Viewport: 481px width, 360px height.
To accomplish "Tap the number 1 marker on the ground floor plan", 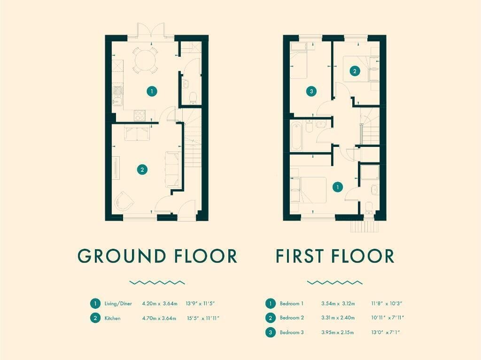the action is [152, 91].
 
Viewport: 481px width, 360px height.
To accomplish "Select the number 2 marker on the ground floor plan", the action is [142, 169].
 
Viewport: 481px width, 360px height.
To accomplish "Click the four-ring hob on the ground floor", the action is [140, 115].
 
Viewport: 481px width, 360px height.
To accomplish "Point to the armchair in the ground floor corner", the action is [124, 201].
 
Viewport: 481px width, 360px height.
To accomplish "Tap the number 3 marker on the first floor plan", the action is [312, 91].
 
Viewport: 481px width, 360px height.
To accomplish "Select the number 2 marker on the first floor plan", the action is [355, 71].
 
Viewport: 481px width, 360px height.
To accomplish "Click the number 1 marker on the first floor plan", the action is [338, 187].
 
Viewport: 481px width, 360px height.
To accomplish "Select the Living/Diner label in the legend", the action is [118, 304].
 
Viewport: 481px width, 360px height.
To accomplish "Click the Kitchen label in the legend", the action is [113, 318].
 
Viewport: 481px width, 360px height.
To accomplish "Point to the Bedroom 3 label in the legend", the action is [292, 332].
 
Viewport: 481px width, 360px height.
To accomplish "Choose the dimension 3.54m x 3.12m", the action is [338, 304].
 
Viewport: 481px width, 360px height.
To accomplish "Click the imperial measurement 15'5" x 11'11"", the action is [203, 318].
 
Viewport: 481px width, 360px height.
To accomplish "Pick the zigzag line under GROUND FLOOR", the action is [157, 283].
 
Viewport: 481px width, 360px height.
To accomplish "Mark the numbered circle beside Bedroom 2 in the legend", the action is [270, 318].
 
